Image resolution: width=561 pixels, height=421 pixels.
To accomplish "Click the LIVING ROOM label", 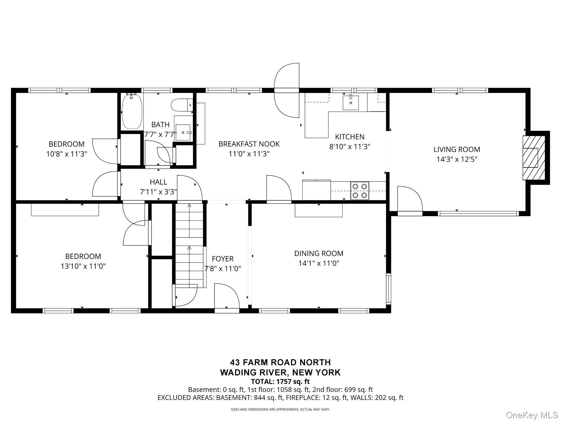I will [x=457, y=149].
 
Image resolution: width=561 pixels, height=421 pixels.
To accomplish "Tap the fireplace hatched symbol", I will [x=534, y=158].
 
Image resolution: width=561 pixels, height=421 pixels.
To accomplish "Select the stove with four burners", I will [x=360, y=191].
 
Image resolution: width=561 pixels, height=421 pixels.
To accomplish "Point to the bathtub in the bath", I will [x=132, y=111].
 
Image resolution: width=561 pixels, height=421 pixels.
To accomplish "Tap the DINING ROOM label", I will [x=318, y=253].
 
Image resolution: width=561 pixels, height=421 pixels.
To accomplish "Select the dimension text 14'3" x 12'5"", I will [x=457, y=159].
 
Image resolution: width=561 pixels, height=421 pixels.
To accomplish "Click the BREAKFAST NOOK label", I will [x=249, y=144].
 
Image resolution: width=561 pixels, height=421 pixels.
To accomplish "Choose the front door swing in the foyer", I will [x=227, y=298].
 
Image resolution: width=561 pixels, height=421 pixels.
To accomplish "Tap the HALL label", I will [x=158, y=182].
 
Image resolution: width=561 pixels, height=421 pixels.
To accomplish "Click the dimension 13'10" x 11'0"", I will [x=83, y=266].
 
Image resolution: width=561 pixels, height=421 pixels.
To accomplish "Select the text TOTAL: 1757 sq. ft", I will [x=280, y=381].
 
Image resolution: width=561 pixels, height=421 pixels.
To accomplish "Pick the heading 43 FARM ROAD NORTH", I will [x=280, y=362].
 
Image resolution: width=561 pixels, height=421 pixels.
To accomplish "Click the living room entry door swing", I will [x=410, y=199].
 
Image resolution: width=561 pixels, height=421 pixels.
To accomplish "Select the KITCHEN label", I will [x=350, y=137].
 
